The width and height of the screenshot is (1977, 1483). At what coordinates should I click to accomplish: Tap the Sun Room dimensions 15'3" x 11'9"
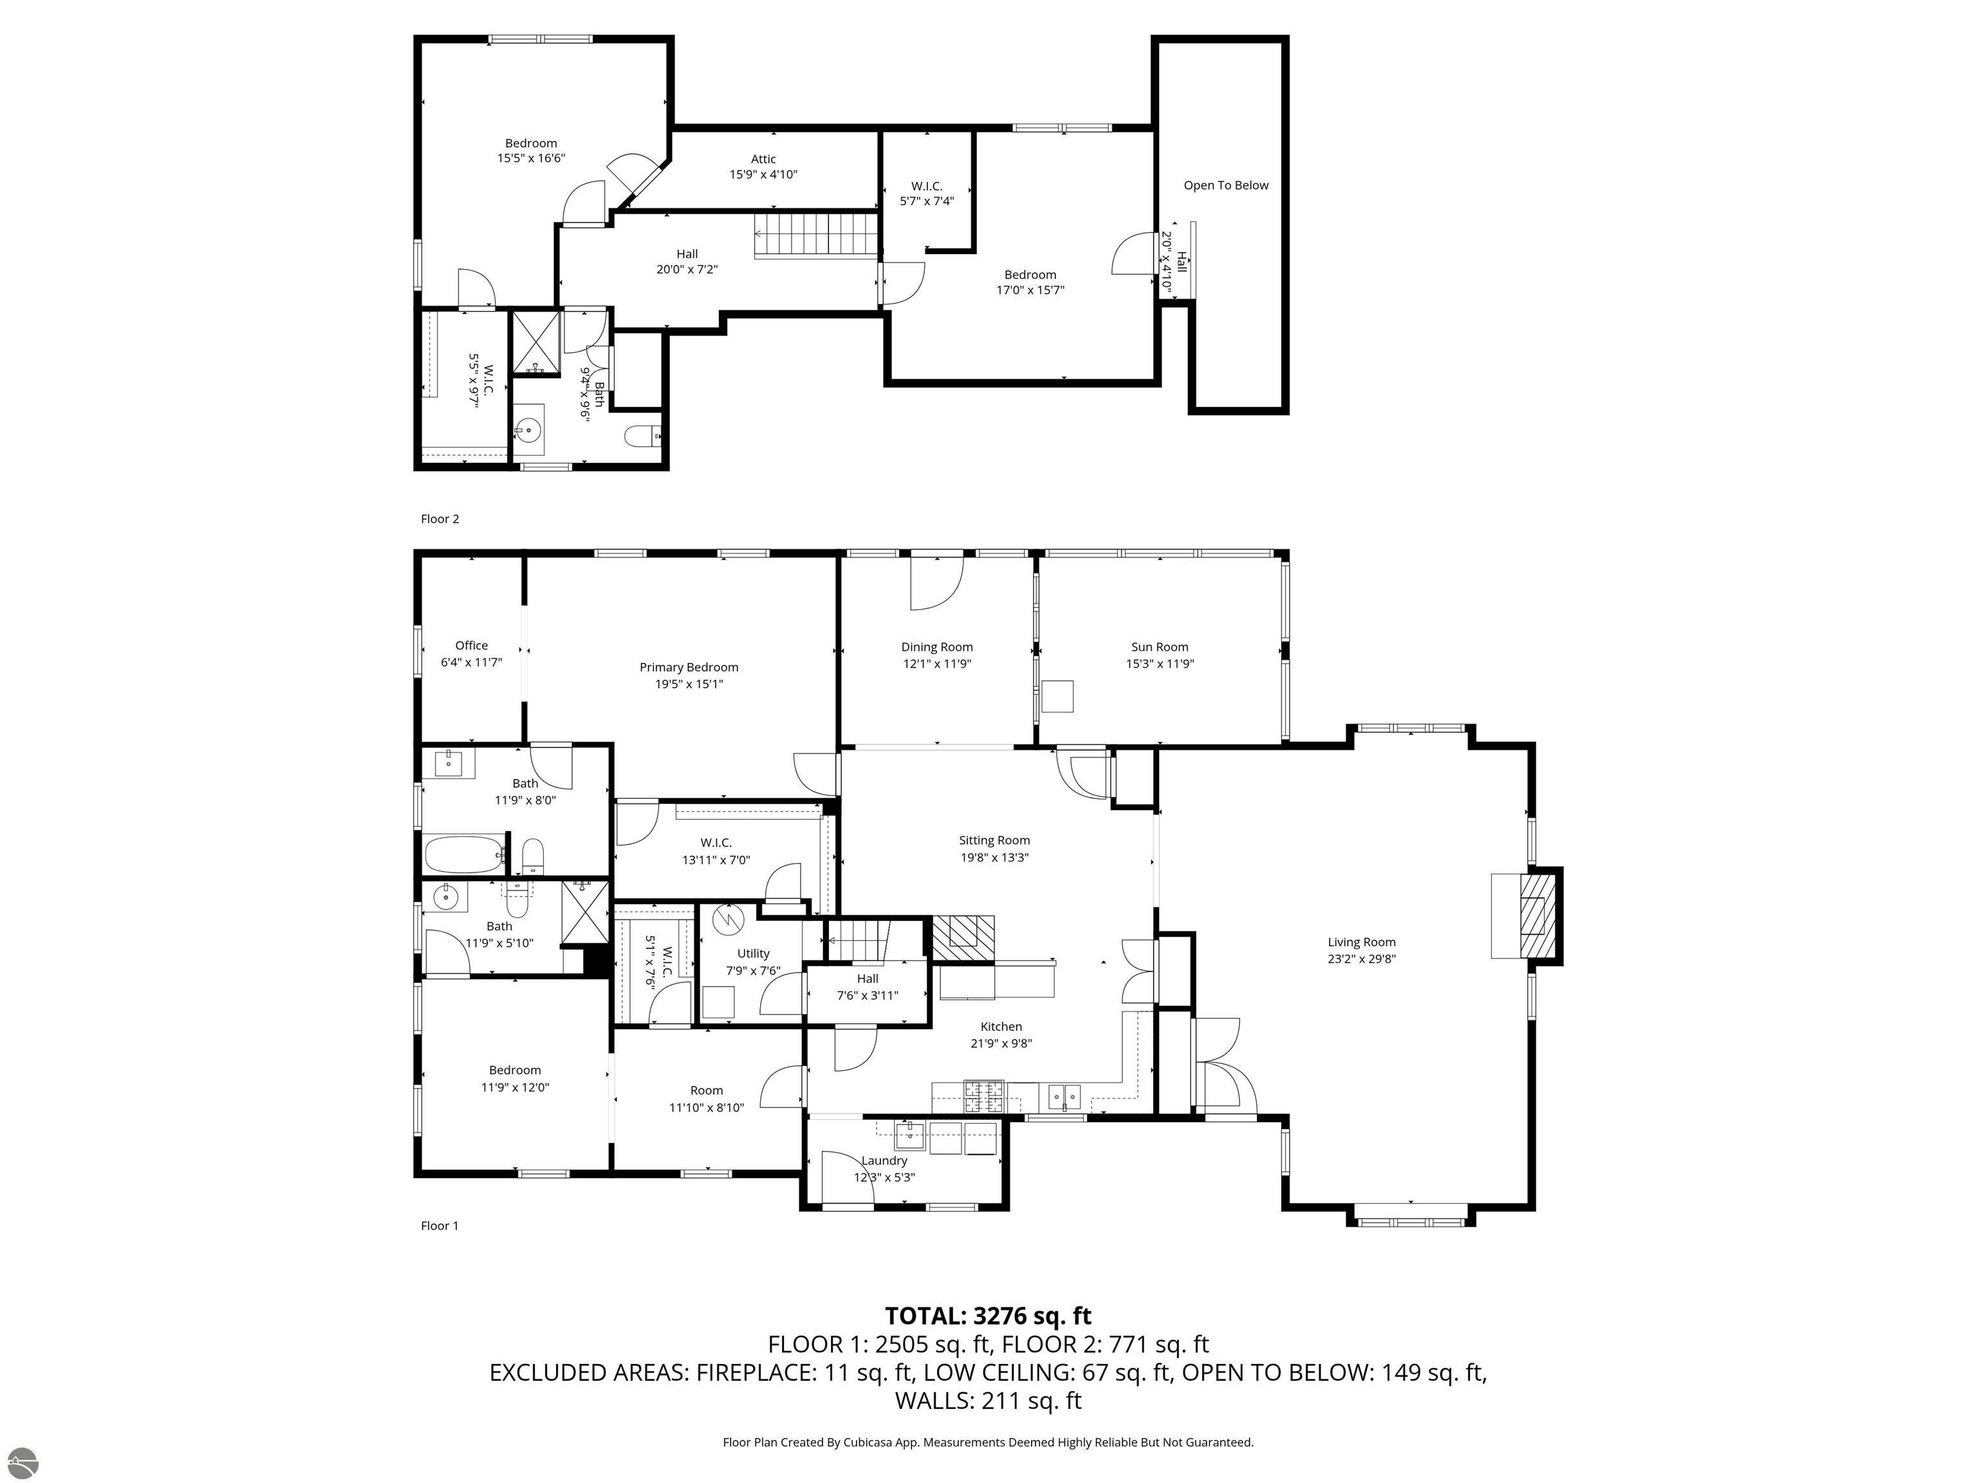coord(1159,663)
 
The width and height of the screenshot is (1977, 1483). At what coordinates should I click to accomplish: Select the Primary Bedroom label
coord(688,667)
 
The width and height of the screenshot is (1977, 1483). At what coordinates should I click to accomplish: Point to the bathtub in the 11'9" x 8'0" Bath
coord(463,855)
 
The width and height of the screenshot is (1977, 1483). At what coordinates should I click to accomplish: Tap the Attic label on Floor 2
coord(763,159)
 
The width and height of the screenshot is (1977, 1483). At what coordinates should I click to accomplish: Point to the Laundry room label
coord(884,1161)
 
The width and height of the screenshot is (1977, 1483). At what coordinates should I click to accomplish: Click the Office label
coord(471,646)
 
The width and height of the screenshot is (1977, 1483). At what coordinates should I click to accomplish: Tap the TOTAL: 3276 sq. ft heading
coord(988,1316)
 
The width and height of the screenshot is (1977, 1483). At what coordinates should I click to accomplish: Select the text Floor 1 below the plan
coord(439,1226)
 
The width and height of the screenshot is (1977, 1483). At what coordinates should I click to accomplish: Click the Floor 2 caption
coord(439,518)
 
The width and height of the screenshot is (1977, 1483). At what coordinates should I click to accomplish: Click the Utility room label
coord(752,954)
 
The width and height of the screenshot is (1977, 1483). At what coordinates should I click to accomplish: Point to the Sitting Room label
coord(994,840)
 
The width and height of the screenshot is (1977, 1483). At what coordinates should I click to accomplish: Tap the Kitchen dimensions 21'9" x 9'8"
coord(1000,1043)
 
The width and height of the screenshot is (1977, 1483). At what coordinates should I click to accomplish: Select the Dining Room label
coord(936,647)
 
